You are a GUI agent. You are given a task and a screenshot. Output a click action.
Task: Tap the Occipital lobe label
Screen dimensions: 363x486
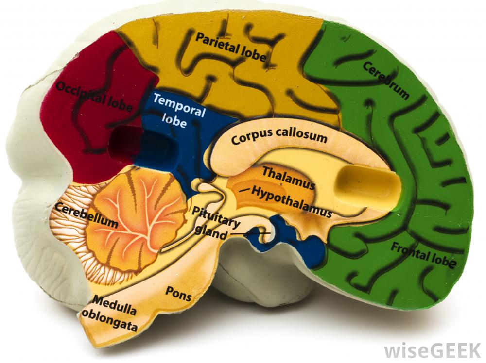[x=93, y=96]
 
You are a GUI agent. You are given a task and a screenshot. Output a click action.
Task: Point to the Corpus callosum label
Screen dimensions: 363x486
[x=279, y=138]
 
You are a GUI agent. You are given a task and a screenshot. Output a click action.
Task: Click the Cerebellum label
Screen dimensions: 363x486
[x=87, y=215]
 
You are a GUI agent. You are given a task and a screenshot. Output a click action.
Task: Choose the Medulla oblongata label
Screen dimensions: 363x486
[x=115, y=312]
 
